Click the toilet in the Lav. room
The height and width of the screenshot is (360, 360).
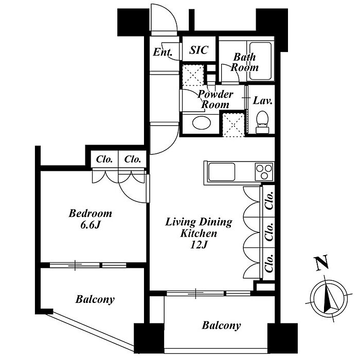coord(262,122)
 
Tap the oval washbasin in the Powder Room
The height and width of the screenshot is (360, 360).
coord(202,123)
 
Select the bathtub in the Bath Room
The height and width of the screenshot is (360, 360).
coord(260,61)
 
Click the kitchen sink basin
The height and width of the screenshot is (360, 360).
coord(221,172)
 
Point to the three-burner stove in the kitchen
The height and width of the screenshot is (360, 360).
coord(264,172)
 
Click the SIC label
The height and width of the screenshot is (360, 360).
coord(199,50)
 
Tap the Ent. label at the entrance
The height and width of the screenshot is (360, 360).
coord(163,52)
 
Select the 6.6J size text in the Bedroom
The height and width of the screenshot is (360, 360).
coord(91,225)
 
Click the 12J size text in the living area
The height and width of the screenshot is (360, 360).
coord(199,245)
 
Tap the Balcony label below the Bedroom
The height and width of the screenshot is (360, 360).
coord(95,299)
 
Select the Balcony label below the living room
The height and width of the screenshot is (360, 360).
coord(221,326)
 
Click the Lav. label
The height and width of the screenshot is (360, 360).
coord(262,101)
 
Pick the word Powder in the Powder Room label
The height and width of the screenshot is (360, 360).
coord(215,94)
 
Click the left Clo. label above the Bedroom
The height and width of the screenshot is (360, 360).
coord(104,159)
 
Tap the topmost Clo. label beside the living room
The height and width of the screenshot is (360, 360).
coord(269,200)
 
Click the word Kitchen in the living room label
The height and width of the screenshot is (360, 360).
coord(199,233)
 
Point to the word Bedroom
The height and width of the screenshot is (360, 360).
coord(91,213)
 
